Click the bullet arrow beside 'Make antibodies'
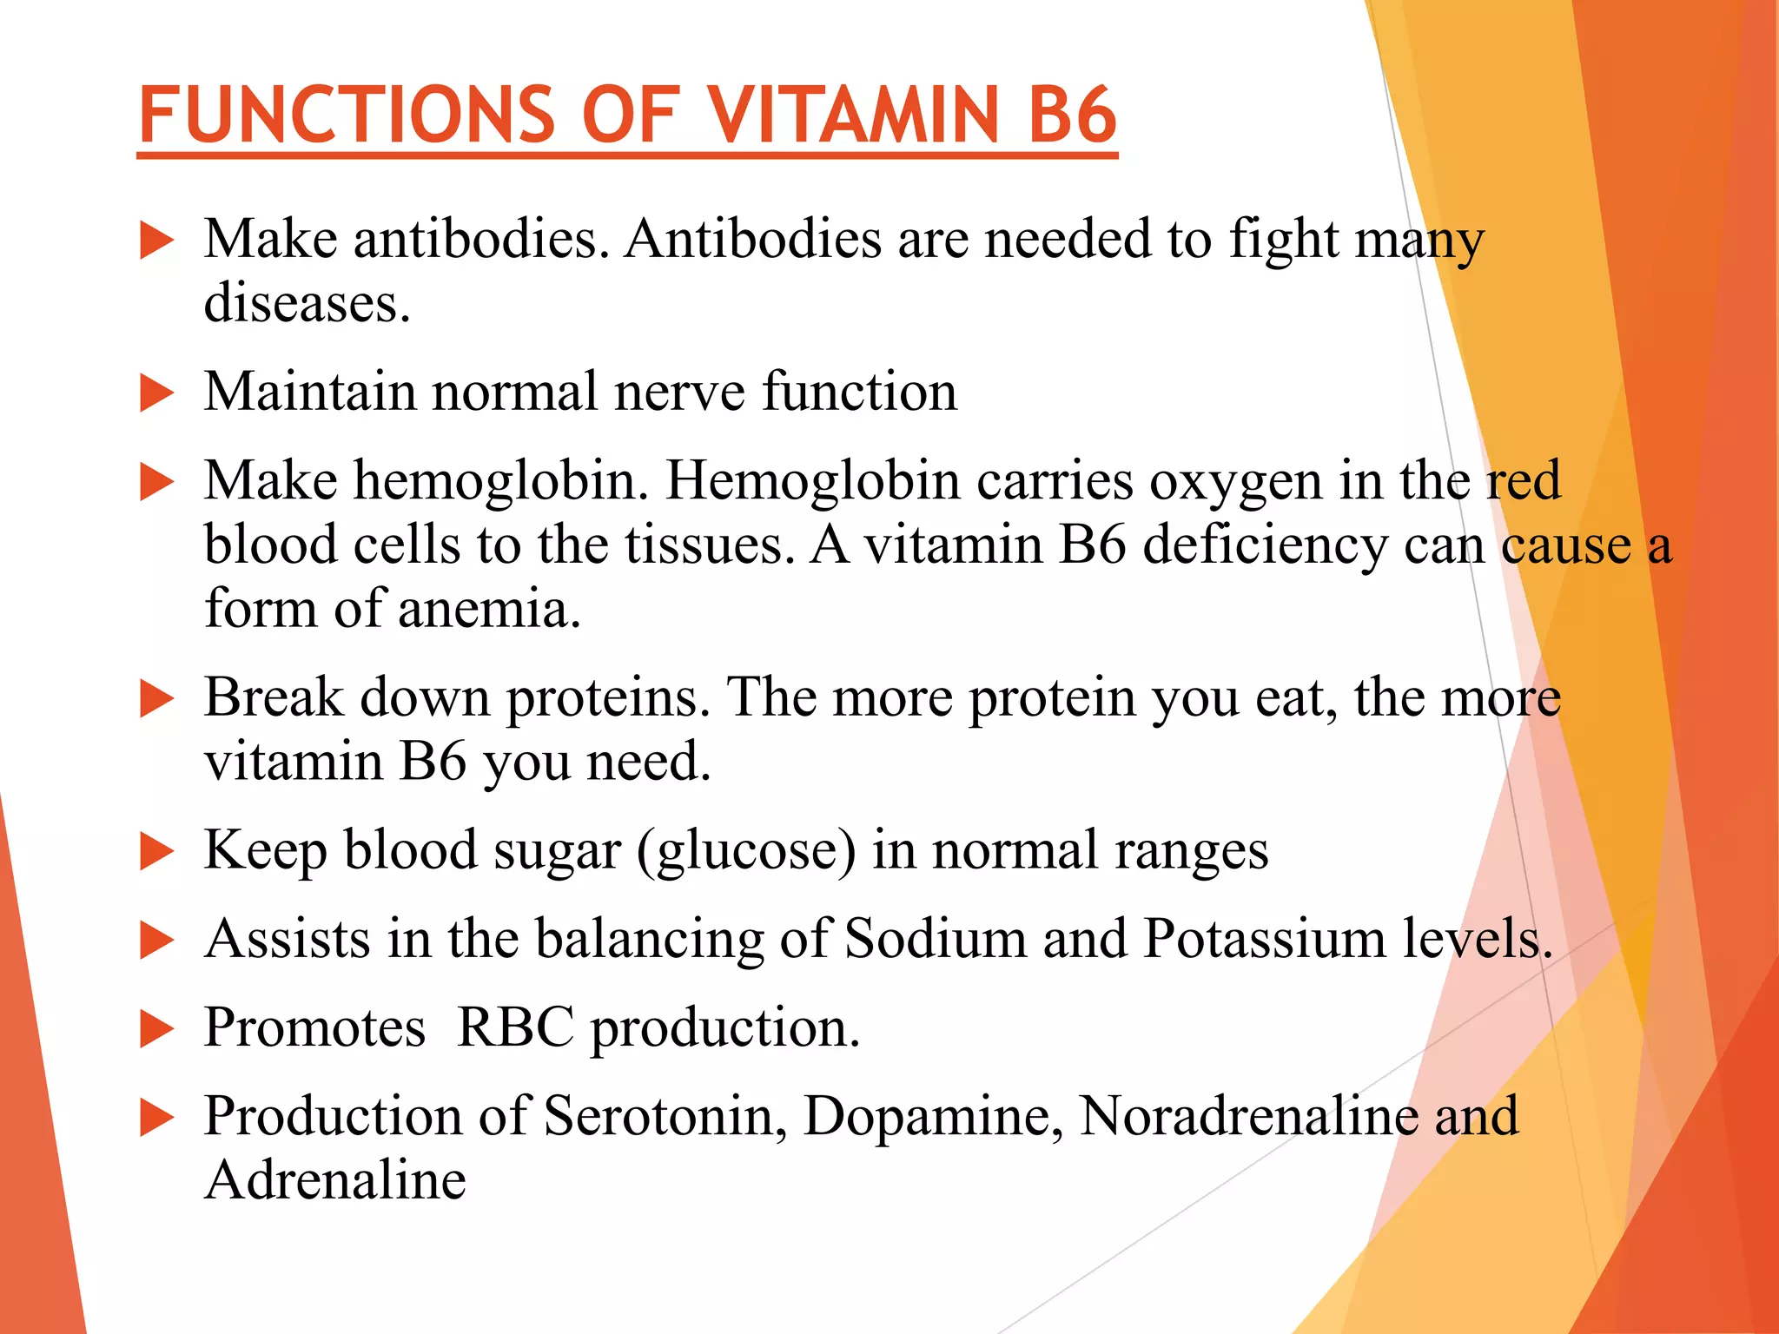tap(157, 241)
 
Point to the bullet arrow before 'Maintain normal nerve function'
tap(157, 393)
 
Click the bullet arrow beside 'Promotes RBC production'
tap(157, 1030)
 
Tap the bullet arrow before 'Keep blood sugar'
tap(157, 851)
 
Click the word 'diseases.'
tap(307, 303)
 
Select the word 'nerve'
tap(679, 392)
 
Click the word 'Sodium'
tap(935, 940)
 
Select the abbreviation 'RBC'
tap(515, 1028)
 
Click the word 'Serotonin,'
tap(665, 1116)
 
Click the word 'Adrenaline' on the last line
tap(335, 1180)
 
